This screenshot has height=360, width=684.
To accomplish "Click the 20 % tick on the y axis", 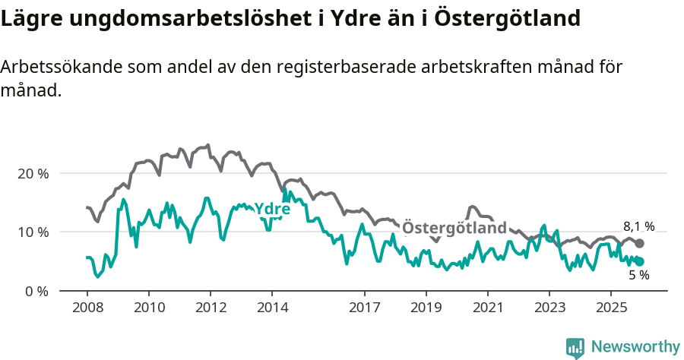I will tap(33, 173).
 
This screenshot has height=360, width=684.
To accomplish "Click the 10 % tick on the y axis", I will tap(33, 232).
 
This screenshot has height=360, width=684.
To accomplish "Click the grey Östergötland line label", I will tap(454, 228).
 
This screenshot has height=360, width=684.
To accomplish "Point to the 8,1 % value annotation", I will tap(638, 226).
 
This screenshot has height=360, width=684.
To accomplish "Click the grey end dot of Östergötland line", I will tap(639, 243).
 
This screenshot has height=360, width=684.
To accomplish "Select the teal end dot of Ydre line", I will tap(639, 261).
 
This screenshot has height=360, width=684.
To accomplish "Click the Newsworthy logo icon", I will tap(575, 347).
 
